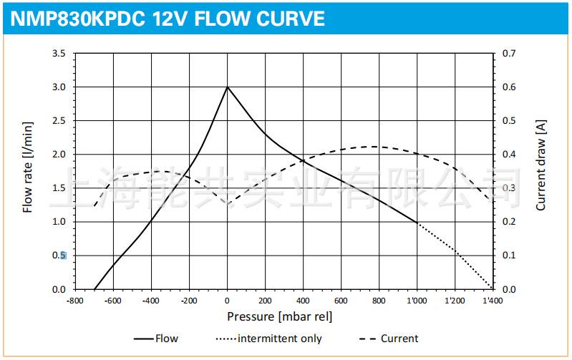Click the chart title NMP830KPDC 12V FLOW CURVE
tap(168, 18)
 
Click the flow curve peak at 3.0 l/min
tap(228, 87)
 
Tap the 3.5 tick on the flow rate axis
tap(59, 54)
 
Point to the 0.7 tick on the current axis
tap(509, 54)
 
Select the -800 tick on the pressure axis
tap(75, 301)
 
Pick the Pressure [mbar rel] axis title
tap(280, 316)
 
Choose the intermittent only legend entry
tap(279, 339)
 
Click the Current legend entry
tap(399, 339)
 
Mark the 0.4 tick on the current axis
tap(509, 155)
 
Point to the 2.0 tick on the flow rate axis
tap(59, 155)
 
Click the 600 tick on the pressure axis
tap(341, 301)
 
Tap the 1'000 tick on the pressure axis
tap(417, 301)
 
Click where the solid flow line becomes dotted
tap(417, 223)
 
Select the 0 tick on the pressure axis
tap(228, 301)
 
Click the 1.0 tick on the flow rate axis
tap(59, 222)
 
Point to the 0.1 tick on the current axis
tap(509, 256)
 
